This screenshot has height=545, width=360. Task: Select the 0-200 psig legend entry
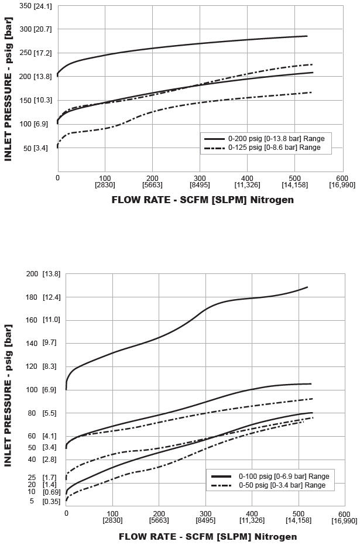pos(263,139)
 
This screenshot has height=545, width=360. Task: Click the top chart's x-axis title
pos(203,200)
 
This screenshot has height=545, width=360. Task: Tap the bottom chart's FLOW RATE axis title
pos(208,536)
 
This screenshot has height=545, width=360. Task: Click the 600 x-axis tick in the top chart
pos(342,179)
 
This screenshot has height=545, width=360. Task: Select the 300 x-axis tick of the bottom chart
pos(205,513)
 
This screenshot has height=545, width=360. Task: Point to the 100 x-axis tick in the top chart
pos(105,179)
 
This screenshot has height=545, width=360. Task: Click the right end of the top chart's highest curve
pos(307,36)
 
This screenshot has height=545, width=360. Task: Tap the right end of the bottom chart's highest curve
pos(308,287)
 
